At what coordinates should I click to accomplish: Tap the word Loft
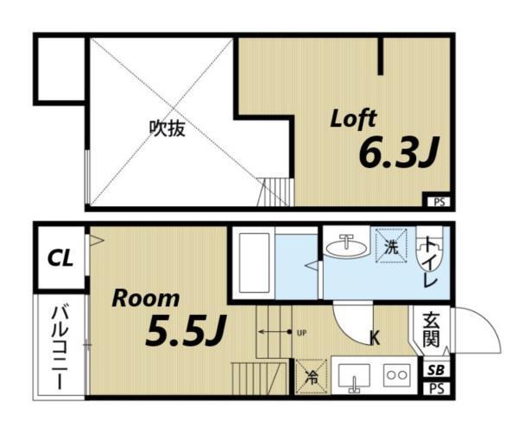pos(353,119)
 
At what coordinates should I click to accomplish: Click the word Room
pos(147,299)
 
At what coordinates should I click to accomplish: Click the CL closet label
pos(60,257)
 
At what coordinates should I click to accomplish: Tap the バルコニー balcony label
pos(60,345)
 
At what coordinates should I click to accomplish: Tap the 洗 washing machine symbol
pos(391,246)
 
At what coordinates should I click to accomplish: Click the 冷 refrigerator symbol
pos(311,376)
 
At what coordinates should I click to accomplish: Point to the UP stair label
pos(301,331)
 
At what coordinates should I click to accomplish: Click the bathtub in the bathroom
pos(255,262)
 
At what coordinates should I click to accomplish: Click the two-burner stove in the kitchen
pos(396,376)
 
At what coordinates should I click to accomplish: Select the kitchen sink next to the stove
pos(353,376)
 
